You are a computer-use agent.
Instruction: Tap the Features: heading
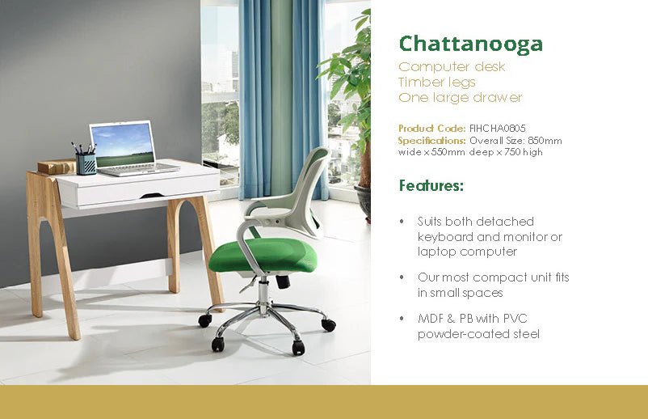[431, 186]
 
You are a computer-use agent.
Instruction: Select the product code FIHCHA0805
[499, 129]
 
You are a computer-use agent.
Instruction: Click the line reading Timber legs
[437, 82]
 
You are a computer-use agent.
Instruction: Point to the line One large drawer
[461, 98]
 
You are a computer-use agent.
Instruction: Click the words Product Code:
[432, 129]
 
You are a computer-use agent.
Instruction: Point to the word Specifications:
[432, 140]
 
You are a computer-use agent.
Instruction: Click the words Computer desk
[452, 66]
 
